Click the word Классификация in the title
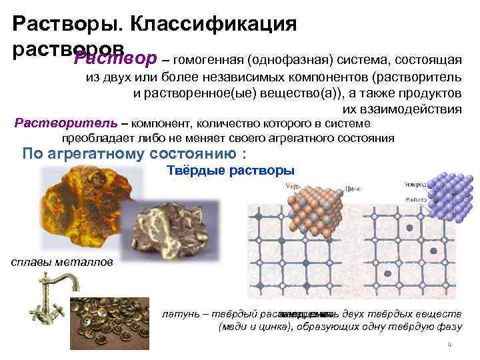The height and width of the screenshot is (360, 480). (213, 25)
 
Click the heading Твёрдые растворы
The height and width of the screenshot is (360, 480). (229, 171)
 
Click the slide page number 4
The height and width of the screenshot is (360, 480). (449, 345)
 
